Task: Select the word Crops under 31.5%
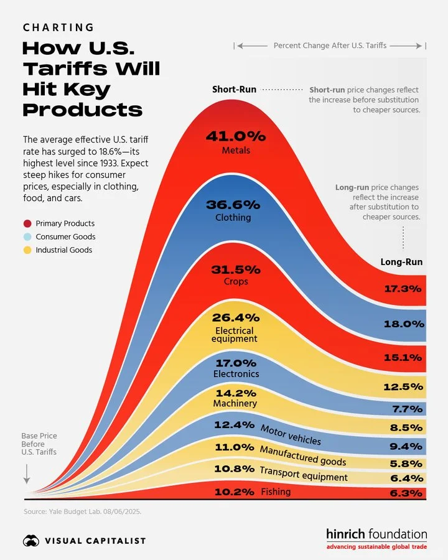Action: click(x=235, y=281)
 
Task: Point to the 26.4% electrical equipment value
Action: click(x=235, y=317)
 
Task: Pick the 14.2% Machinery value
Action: click(x=235, y=393)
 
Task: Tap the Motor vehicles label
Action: click(x=291, y=434)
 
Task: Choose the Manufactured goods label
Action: click(x=302, y=455)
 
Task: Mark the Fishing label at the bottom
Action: click(x=276, y=492)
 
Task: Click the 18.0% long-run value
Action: click(x=404, y=324)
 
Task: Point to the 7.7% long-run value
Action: click(x=408, y=408)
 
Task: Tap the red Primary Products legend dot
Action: click(x=27, y=223)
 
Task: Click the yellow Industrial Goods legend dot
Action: click(x=27, y=250)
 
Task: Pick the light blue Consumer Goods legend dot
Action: click(x=27, y=237)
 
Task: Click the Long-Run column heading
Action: click(x=401, y=262)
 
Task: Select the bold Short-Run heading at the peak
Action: click(x=234, y=90)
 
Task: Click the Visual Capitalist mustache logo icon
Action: click(x=30, y=541)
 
